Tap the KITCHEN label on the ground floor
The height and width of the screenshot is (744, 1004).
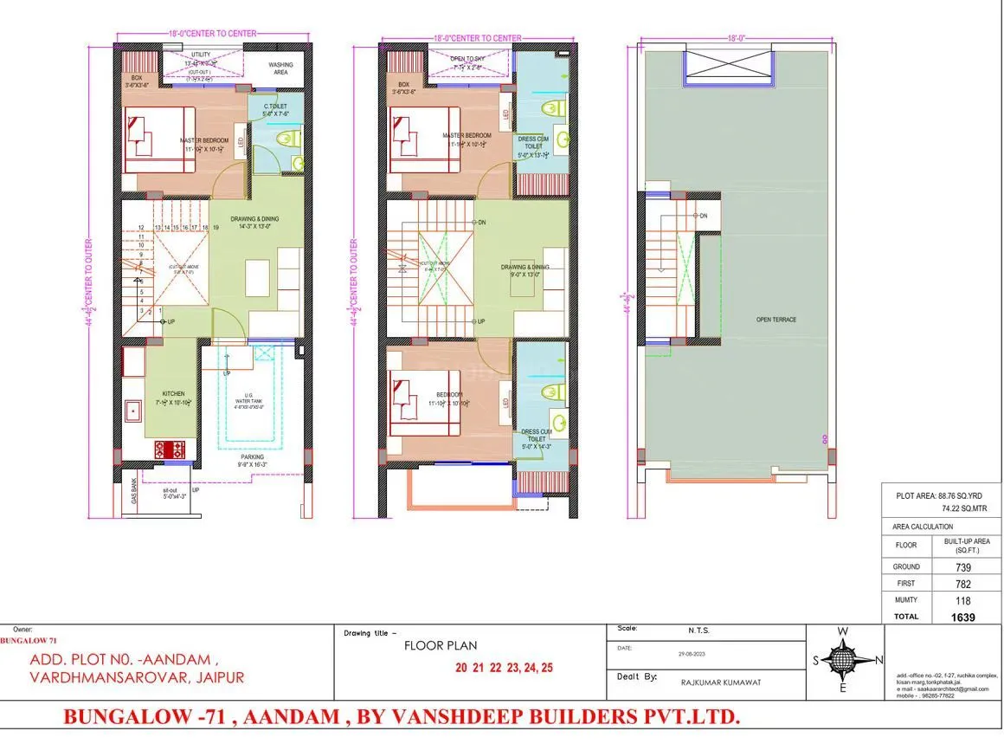click(x=173, y=394)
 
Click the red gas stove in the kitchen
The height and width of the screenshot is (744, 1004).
click(x=171, y=450)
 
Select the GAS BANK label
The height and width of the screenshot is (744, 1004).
click(x=134, y=491)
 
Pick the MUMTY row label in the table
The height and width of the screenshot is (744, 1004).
click(x=905, y=599)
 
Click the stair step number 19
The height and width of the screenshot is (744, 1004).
click(x=215, y=227)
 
